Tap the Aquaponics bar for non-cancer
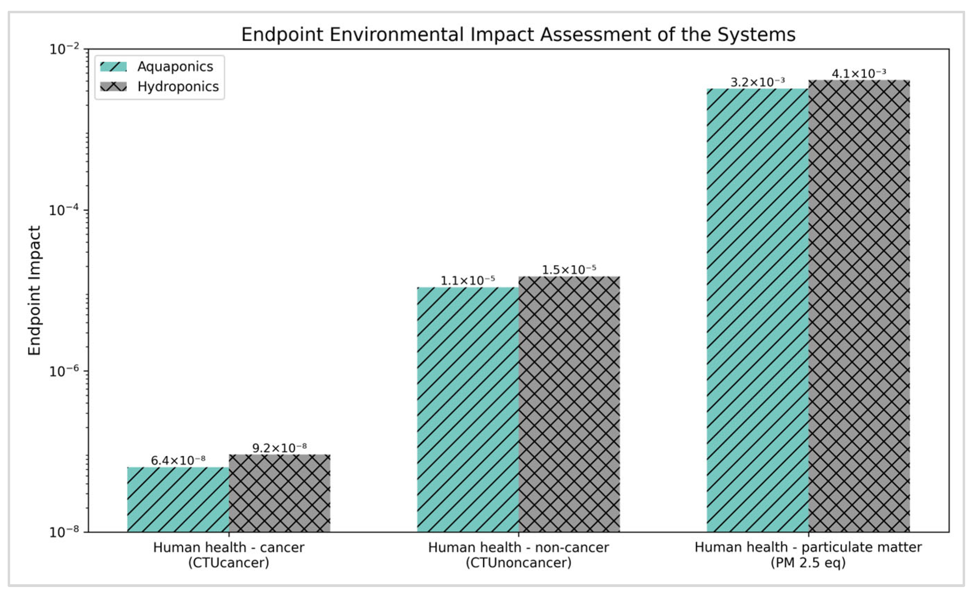coord(468,409)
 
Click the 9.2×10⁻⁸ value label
coord(279,447)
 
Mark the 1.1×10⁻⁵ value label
coord(468,280)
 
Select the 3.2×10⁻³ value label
coord(757,82)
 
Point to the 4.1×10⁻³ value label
coord(859,73)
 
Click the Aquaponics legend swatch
coord(113,67)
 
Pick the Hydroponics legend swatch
coord(113,87)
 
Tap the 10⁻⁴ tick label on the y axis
coord(64,210)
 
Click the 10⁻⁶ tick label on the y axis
coord(64,371)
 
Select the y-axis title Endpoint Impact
coord(35,290)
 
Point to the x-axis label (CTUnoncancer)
coord(518,563)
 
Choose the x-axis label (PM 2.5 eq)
coord(808,563)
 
